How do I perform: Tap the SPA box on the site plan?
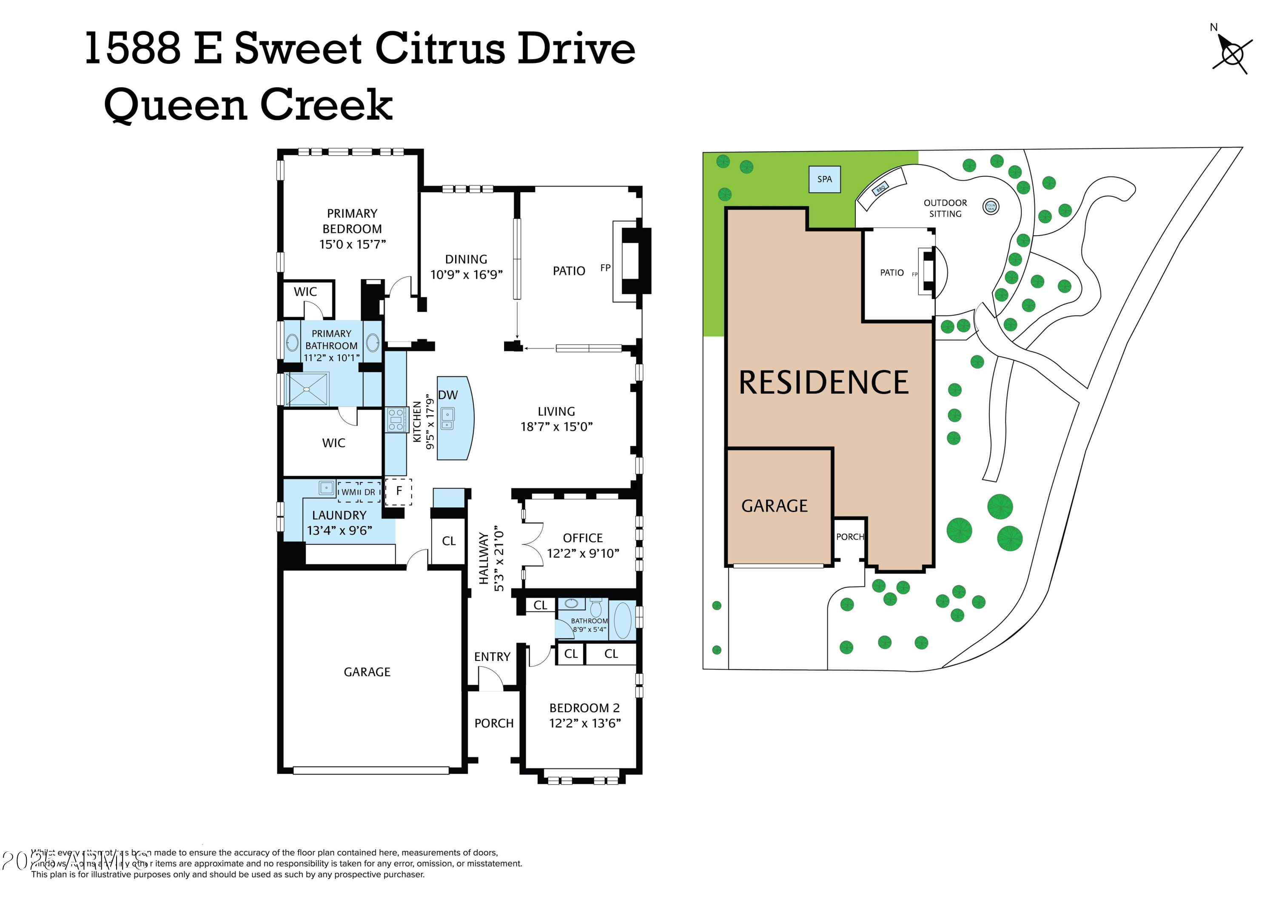pyautogui.click(x=824, y=179)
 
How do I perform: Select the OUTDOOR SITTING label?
pyautogui.click(x=945, y=208)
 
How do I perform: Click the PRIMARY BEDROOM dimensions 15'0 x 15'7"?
pyautogui.click(x=352, y=244)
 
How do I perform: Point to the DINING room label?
pyautogui.click(x=466, y=259)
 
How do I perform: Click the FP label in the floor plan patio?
pyautogui.click(x=605, y=268)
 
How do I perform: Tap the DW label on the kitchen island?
pyautogui.click(x=448, y=395)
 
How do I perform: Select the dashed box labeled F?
pyautogui.click(x=399, y=491)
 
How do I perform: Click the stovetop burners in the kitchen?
pyautogui.click(x=395, y=420)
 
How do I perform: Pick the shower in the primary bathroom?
pyautogui.click(x=307, y=389)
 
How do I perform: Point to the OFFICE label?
pyautogui.click(x=582, y=538)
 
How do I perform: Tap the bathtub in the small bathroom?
pyautogui.click(x=623, y=620)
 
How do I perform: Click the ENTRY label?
pyautogui.click(x=492, y=657)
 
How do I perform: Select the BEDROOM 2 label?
pyautogui.click(x=584, y=708)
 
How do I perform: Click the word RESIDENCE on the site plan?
pyautogui.click(x=823, y=382)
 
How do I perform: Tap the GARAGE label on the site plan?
pyautogui.click(x=774, y=506)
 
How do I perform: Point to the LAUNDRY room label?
pyautogui.click(x=339, y=515)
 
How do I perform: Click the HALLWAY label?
pyautogui.click(x=484, y=558)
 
